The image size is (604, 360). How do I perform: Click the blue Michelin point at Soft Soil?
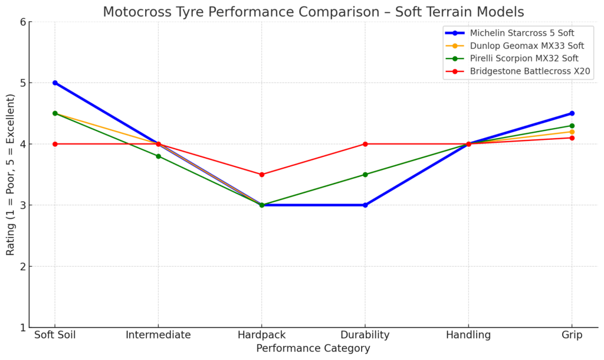coord(55,83)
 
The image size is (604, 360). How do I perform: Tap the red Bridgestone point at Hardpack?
coord(262,175)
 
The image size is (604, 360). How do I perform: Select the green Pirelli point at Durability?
coord(365,175)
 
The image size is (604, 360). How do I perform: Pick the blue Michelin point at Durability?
coord(365,205)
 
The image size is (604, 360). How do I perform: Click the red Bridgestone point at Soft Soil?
coord(55,144)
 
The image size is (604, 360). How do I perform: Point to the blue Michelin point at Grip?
coord(572,113)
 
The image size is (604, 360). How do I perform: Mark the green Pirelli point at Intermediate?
coord(158,156)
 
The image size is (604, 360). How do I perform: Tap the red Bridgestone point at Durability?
coord(365,144)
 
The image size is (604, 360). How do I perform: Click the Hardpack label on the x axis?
coord(262,335)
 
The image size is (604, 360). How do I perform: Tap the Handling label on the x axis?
coord(468,335)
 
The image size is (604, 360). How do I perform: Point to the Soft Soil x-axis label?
coord(55,335)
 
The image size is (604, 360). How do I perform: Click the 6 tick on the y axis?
coord(22,22)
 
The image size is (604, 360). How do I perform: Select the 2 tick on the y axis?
coord(22,267)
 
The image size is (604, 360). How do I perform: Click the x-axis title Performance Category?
coord(313,349)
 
